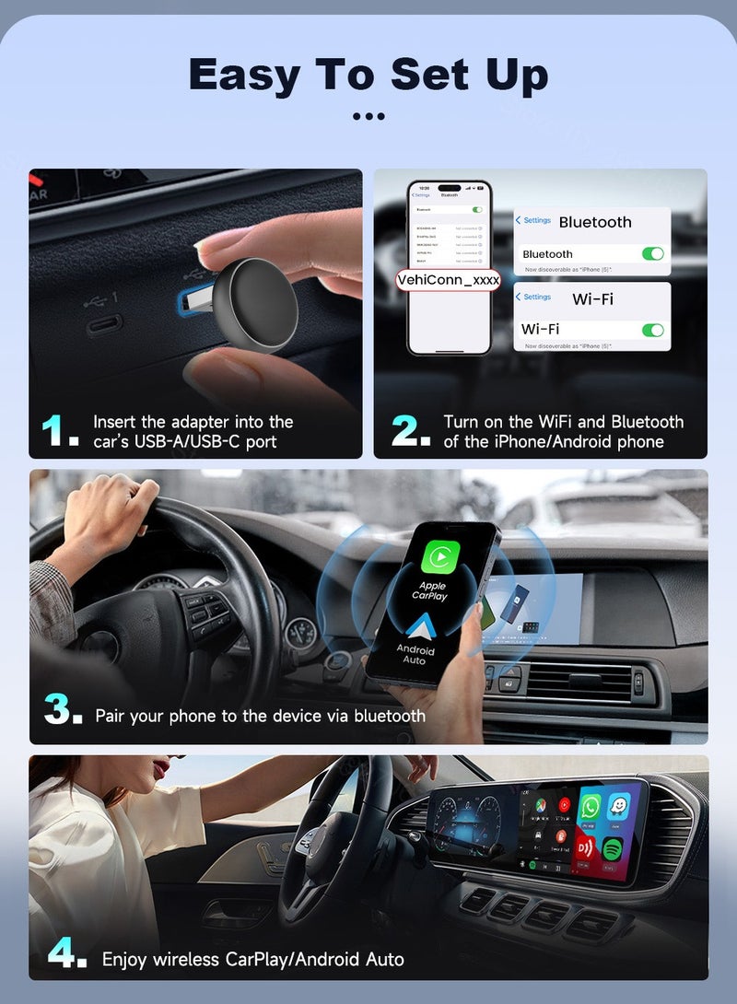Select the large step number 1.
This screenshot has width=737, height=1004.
pyautogui.click(x=60, y=431)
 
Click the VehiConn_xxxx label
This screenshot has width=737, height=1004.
pyautogui.click(x=448, y=280)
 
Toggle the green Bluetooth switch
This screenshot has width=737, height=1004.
pyautogui.click(x=652, y=253)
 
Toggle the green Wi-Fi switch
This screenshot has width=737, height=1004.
pyautogui.click(x=652, y=329)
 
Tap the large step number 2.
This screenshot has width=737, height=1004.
pyautogui.click(x=410, y=431)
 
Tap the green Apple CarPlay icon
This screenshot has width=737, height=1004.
pyautogui.click(x=439, y=557)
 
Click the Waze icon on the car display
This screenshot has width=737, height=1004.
pyautogui.click(x=619, y=806)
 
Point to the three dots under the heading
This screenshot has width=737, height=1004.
pyautogui.click(x=368, y=117)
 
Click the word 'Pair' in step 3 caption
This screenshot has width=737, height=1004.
pyautogui.click(x=110, y=716)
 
